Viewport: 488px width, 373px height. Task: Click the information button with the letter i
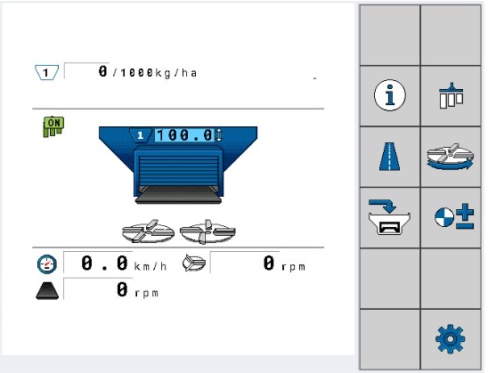pyautogui.click(x=390, y=95)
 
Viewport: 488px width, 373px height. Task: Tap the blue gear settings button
pyautogui.click(x=451, y=339)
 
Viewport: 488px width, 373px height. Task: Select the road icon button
pyautogui.click(x=390, y=156)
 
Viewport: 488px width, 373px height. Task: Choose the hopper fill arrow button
pyautogui.click(x=389, y=217)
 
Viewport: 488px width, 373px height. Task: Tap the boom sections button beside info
pyautogui.click(x=451, y=95)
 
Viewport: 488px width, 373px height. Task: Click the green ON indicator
pyautogui.click(x=53, y=126)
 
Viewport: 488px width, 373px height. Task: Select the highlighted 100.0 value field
pyautogui.click(x=184, y=135)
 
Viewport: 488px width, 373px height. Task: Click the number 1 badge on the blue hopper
pyautogui.click(x=141, y=135)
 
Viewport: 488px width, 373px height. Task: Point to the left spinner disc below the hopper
pyautogui.click(x=148, y=231)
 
